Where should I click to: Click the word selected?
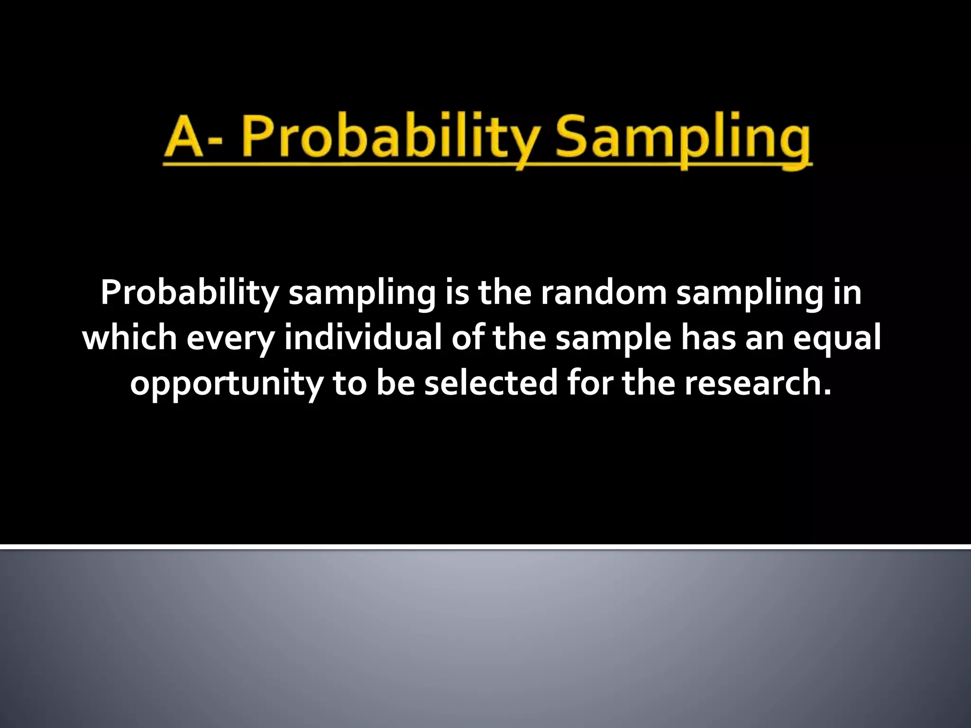tap(491, 383)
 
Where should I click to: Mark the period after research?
tap(827, 393)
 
